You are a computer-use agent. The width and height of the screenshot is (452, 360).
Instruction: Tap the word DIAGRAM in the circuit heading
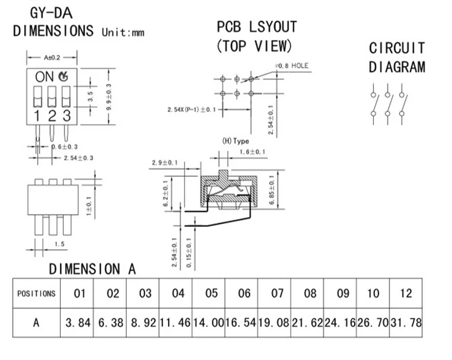tap(397, 67)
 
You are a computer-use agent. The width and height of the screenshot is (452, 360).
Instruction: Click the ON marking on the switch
tap(45, 77)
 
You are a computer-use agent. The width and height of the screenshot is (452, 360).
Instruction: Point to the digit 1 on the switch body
tap(36, 116)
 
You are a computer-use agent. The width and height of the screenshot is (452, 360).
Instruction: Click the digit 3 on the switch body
tap(66, 116)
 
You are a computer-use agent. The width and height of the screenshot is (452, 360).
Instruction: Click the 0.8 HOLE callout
tap(292, 66)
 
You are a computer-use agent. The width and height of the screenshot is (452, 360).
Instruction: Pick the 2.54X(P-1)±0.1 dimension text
tap(192, 110)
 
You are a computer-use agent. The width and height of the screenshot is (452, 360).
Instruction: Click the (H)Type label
tap(235, 141)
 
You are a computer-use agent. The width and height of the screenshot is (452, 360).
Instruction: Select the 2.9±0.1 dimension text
tap(165, 162)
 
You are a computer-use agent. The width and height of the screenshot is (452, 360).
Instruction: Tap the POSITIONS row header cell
tap(36, 293)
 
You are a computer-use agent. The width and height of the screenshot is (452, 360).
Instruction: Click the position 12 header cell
tap(406, 293)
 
